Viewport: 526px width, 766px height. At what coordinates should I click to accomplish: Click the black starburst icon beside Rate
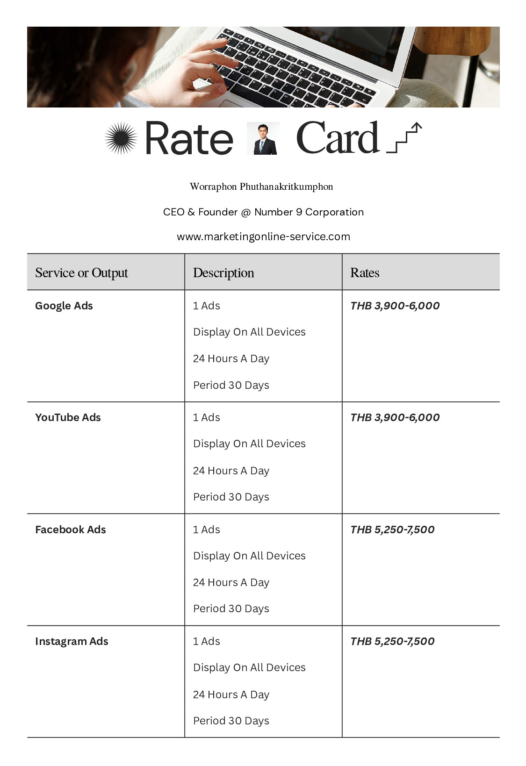pyautogui.click(x=121, y=138)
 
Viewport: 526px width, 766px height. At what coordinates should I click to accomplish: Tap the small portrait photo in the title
pyautogui.click(x=263, y=138)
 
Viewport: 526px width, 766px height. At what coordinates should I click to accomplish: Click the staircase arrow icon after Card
pyautogui.click(x=404, y=138)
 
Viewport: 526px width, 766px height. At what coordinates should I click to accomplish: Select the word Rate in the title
pyautogui.click(x=189, y=138)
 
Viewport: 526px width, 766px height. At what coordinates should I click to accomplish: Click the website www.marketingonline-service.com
pyautogui.click(x=263, y=236)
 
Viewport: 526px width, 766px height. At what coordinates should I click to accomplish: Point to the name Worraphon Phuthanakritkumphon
pyautogui.click(x=261, y=186)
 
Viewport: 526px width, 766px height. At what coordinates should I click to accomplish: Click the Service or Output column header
pyautogui.click(x=81, y=272)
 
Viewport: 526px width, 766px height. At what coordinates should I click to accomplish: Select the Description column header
pyautogui.click(x=223, y=272)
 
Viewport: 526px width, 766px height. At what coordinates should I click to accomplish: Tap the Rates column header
pyautogui.click(x=365, y=272)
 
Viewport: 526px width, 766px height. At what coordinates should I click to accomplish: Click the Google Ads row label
pyautogui.click(x=64, y=306)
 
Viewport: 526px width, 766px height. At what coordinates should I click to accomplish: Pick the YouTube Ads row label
pyautogui.click(x=68, y=417)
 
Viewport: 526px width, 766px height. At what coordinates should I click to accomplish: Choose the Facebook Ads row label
pyautogui.click(x=71, y=530)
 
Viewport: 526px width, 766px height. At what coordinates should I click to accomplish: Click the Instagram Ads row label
pyautogui.click(x=72, y=641)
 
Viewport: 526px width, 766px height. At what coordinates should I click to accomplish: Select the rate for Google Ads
pyautogui.click(x=395, y=306)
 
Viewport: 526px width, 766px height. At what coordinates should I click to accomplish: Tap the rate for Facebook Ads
pyautogui.click(x=392, y=530)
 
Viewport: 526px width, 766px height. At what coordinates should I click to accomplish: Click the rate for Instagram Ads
pyautogui.click(x=392, y=641)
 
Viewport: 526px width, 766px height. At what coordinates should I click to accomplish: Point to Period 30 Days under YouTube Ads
pyautogui.click(x=231, y=497)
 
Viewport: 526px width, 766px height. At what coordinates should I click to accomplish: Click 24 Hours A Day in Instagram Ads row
pyautogui.click(x=231, y=694)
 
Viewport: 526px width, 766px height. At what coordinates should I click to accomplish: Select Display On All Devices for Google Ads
pyautogui.click(x=249, y=332)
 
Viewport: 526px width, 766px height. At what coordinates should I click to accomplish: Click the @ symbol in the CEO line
pyautogui.click(x=246, y=212)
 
